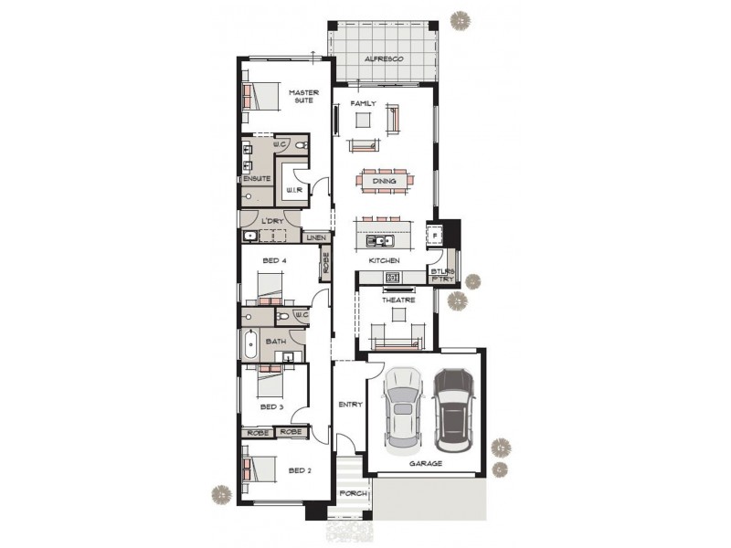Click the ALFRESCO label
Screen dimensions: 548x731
(x=384, y=58)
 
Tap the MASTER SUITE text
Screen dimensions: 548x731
(x=302, y=96)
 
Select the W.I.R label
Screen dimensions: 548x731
(x=294, y=189)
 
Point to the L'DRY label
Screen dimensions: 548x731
(x=270, y=221)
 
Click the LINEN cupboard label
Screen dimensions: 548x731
(x=316, y=237)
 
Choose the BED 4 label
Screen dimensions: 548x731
(x=274, y=261)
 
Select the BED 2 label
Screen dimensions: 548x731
(x=301, y=470)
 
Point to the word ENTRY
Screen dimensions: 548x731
(x=350, y=404)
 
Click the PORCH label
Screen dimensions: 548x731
(x=353, y=493)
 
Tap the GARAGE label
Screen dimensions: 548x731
(x=426, y=463)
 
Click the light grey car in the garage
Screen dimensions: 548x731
(x=402, y=409)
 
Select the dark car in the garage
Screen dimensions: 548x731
(x=454, y=410)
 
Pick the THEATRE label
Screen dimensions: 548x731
(x=397, y=300)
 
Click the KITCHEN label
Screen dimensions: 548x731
(x=384, y=261)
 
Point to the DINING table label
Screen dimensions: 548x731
(x=385, y=181)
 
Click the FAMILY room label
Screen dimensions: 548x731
(x=363, y=104)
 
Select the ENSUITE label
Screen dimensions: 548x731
(x=256, y=178)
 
